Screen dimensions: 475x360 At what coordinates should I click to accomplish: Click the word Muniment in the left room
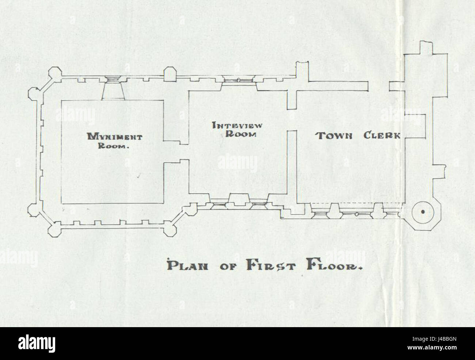click(x=114, y=137)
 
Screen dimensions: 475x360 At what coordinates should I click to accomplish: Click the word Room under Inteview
click(x=240, y=134)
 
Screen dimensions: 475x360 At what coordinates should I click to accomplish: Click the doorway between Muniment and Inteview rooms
click(x=175, y=152)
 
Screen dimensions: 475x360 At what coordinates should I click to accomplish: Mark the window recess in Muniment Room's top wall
click(x=114, y=90)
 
